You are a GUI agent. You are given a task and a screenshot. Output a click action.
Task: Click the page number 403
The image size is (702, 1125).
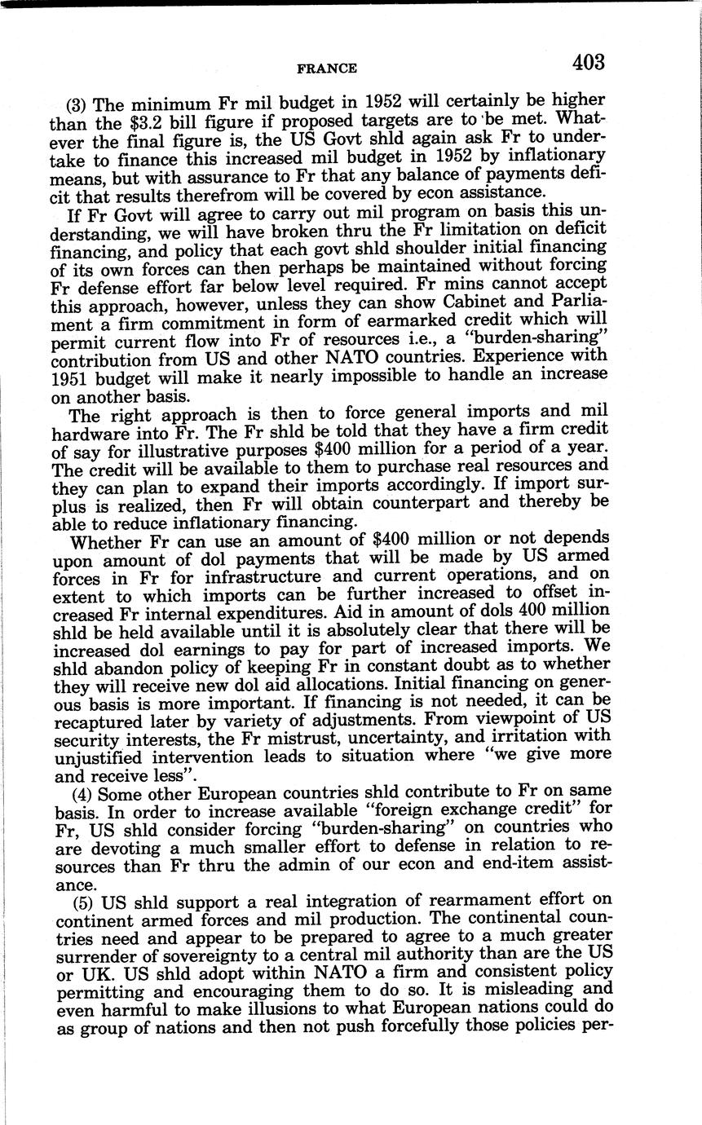tap(588, 62)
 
